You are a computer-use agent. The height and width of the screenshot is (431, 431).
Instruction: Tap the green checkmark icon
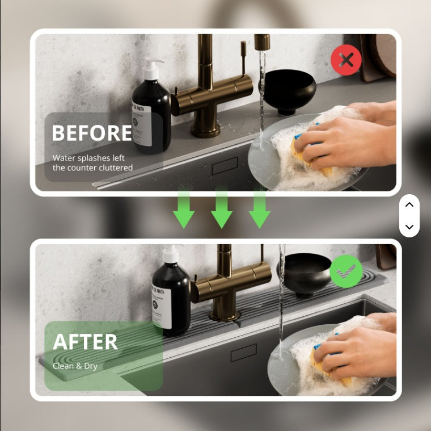346,271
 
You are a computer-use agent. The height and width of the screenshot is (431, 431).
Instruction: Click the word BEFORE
92,133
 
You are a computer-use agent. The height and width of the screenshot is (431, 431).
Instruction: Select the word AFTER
85,342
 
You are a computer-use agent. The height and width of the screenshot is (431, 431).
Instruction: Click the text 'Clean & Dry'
75,366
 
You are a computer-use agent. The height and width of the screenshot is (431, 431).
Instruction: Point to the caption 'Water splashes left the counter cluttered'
92,162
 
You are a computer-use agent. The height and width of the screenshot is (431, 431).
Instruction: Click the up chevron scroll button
409,205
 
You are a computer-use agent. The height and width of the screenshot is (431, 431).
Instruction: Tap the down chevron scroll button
409,227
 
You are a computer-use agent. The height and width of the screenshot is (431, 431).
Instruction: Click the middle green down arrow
222,210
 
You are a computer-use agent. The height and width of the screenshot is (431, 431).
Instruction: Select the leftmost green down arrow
184,210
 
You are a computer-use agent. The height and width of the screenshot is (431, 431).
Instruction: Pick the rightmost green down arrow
259,210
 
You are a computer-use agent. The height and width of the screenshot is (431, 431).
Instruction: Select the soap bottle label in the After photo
161,307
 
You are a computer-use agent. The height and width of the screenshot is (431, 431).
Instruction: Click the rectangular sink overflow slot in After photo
243,353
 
